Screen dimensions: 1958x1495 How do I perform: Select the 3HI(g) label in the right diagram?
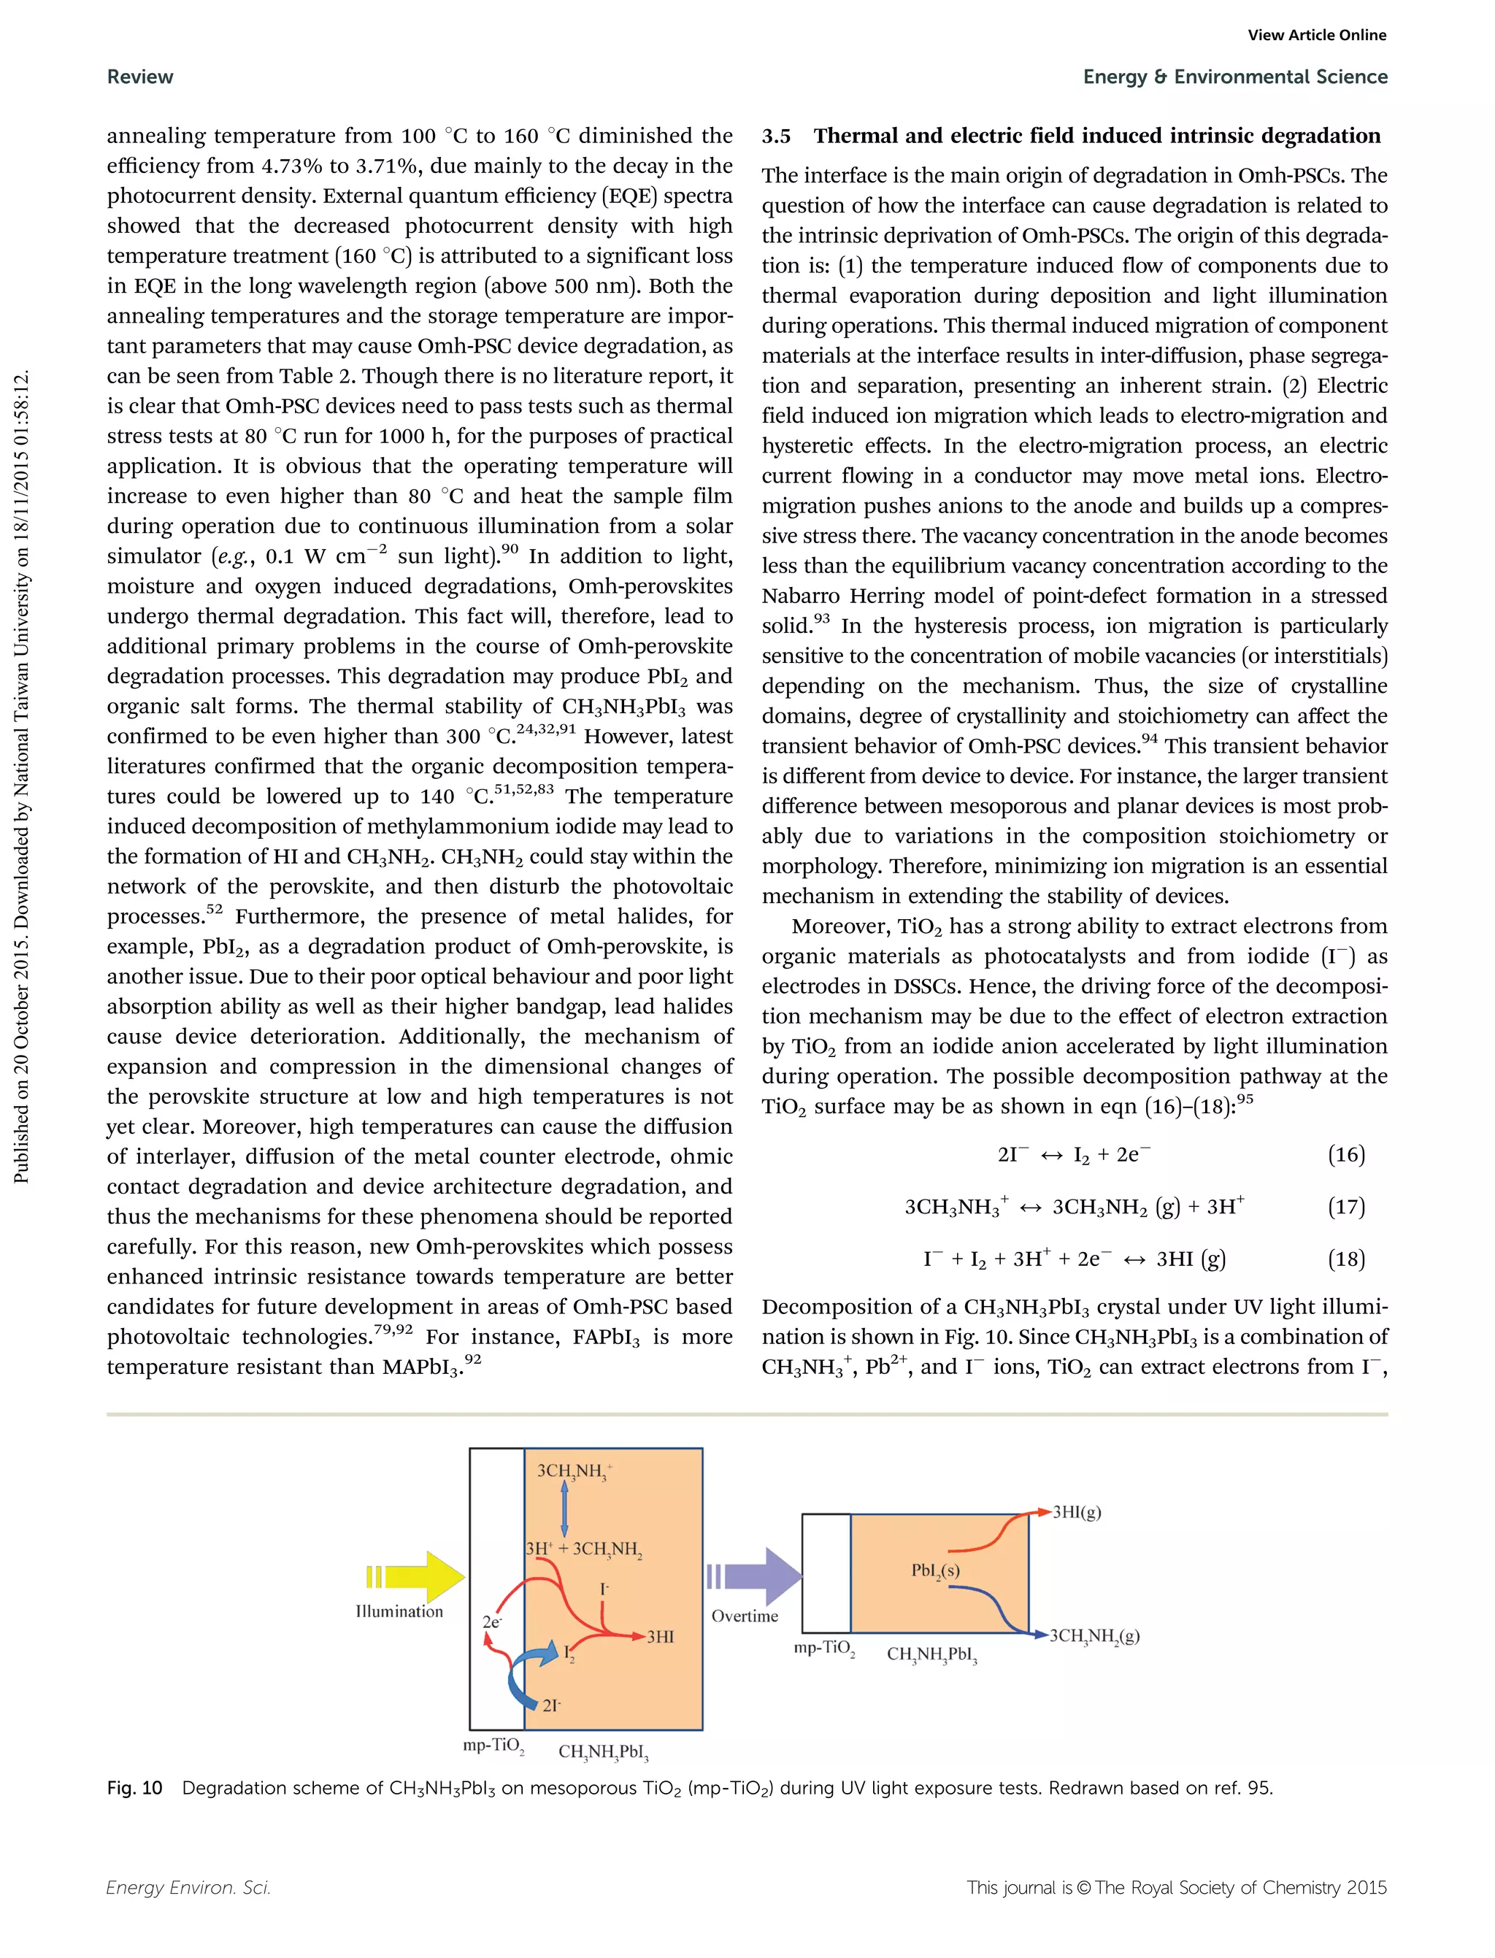tap(1077, 1512)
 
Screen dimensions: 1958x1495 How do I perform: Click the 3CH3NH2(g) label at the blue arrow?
tap(1094, 1636)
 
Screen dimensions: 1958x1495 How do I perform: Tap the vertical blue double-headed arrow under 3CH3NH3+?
tap(564, 1508)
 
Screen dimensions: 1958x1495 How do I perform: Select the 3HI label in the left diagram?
tap(661, 1637)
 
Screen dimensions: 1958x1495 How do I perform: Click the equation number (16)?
tap(1345, 1155)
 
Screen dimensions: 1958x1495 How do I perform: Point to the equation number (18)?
tap(1345, 1259)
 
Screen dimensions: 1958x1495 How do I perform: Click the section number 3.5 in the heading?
tap(776, 137)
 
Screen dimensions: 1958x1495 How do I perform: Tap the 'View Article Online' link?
tap(1316, 36)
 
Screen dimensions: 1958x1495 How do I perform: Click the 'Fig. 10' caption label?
tap(134, 1788)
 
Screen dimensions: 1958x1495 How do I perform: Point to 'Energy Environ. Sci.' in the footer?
tap(188, 1888)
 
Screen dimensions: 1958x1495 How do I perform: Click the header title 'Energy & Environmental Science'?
tap(1234, 77)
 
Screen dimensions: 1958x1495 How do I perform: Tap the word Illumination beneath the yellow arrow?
tap(399, 1612)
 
